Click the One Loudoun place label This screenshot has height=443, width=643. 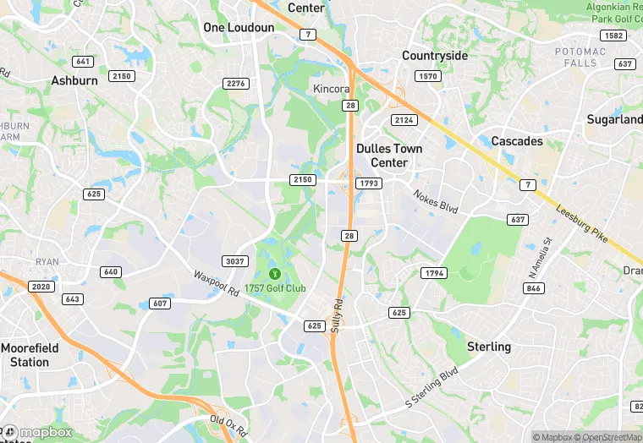[239, 28]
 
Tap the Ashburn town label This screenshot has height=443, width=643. [74, 81]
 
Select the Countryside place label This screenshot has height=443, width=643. [435, 56]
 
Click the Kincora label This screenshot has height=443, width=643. [332, 89]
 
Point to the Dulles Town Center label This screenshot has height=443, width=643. [389, 156]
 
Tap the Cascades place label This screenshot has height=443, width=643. [517, 141]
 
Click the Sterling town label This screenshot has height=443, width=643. [489, 347]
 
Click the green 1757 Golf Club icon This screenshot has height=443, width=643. [275, 273]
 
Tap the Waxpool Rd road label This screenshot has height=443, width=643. [216, 283]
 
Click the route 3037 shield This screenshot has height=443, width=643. [234, 260]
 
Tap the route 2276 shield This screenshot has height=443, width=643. [236, 83]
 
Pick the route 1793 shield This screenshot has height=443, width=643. [369, 183]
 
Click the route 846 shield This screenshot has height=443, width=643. [533, 288]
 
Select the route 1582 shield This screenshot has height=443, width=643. [613, 36]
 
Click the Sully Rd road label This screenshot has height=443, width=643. [336, 314]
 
